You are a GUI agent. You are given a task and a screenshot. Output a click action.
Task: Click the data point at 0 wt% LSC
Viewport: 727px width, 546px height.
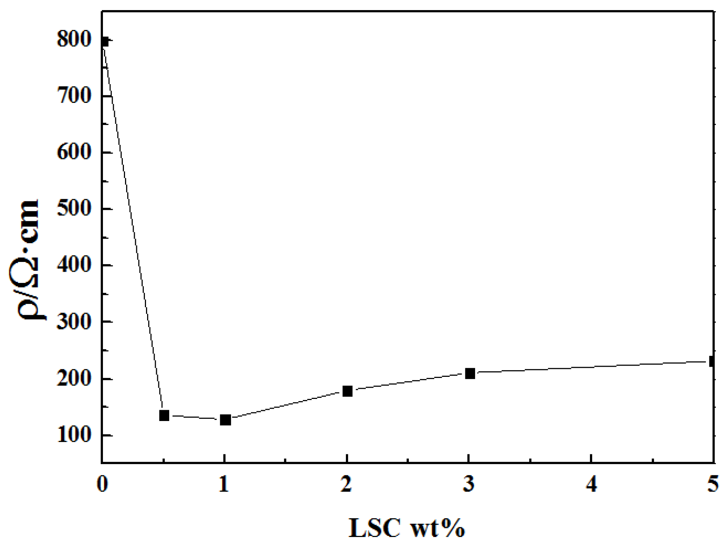click(x=104, y=42)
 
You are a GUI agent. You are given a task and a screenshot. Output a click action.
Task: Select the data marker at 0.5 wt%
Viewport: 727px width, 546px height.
click(x=164, y=415)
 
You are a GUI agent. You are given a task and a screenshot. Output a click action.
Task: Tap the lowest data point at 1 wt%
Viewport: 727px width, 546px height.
click(x=225, y=420)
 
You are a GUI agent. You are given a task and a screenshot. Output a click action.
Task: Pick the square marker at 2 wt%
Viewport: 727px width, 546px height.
click(x=347, y=391)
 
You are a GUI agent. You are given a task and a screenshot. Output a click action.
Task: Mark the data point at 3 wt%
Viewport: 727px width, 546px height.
click(x=470, y=373)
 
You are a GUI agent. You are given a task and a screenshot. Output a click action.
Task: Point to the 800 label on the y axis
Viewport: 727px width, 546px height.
click(x=74, y=40)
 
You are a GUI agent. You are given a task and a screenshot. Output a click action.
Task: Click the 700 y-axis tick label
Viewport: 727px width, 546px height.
click(x=74, y=96)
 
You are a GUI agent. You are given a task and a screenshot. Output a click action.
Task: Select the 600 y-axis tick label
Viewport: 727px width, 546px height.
click(x=74, y=153)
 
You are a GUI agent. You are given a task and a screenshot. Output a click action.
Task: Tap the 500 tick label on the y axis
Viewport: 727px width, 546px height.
click(x=74, y=209)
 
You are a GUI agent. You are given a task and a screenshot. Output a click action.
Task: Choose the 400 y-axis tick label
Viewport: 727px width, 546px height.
click(x=74, y=265)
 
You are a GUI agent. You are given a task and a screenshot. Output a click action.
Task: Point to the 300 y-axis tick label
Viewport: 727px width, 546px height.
click(x=74, y=322)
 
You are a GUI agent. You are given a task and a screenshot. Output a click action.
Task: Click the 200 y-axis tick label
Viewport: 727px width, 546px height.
click(x=74, y=379)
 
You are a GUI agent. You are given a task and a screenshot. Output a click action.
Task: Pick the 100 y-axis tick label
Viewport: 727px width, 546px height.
click(x=74, y=436)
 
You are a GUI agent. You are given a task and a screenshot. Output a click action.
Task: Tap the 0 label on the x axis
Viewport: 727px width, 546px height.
click(x=102, y=484)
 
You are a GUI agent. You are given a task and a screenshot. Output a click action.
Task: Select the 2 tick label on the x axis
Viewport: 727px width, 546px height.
click(x=347, y=484)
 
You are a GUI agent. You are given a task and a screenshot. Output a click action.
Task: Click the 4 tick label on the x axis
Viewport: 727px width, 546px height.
click(x=591, y=484)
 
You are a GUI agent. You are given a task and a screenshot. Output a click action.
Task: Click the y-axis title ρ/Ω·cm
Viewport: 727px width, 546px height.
click(x=28, y=259)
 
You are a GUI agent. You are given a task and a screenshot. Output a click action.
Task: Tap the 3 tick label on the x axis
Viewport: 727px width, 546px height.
click(x=469, y=484)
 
